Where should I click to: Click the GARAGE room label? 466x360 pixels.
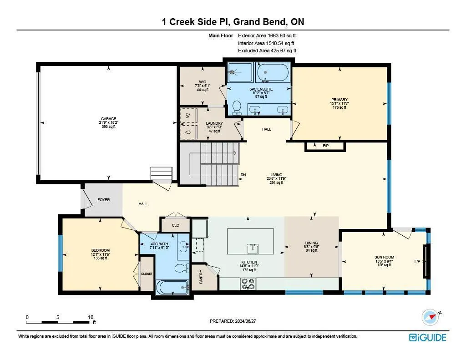108,119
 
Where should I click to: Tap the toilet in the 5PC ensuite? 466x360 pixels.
237,107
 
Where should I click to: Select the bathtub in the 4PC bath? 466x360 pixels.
172,288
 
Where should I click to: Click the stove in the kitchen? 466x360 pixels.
248,284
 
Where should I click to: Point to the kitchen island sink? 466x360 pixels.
253,249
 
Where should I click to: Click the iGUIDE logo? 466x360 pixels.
428,337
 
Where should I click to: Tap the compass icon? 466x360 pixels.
430,318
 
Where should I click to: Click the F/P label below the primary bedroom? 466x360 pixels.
326,146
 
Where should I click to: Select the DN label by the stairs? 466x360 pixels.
243,175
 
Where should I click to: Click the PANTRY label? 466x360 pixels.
201,276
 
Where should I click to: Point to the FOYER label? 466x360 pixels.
104,200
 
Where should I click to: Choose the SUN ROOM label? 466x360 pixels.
384,257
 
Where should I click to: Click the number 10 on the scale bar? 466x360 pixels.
91,317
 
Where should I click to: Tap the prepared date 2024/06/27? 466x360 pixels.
245,321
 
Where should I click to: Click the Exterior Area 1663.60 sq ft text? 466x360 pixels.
267,35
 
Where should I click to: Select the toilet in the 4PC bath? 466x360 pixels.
182,268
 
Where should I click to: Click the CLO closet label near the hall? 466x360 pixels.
176,225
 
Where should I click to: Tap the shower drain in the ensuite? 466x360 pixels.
233,71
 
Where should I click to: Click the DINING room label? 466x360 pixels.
311,243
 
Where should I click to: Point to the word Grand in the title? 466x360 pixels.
247,22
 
